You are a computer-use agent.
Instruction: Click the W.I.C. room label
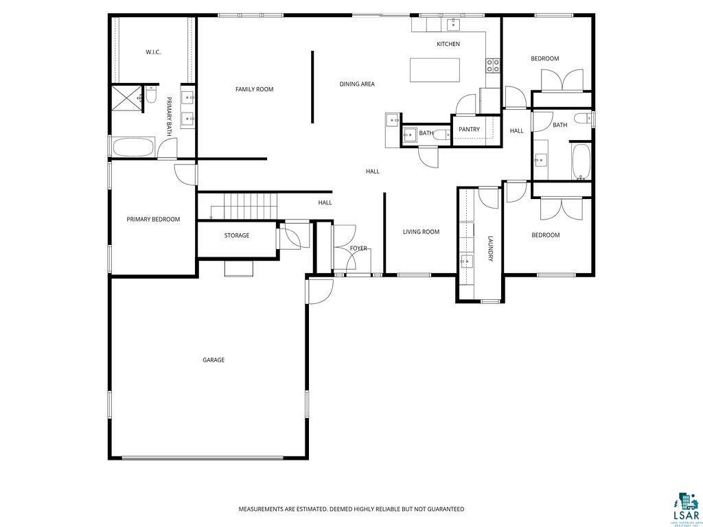[152, 52]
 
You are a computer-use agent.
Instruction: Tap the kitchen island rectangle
[435, 70]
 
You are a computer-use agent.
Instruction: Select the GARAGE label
[214, 360]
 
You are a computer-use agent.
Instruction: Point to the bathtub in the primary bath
[134, 148]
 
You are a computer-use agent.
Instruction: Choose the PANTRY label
[469, 130]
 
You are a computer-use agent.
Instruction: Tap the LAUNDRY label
[491, 249]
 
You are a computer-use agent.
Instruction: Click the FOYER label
[358, 248]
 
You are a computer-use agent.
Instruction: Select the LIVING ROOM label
[421, 232]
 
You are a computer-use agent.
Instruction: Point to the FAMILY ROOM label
[254, 89]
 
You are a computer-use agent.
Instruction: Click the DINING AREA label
[357, 84]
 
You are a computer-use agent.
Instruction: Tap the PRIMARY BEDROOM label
[153, 220]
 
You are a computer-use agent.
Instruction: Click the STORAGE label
[236, 235]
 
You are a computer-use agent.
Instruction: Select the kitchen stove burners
[493, 65]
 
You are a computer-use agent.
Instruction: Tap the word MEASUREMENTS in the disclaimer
[262, 509]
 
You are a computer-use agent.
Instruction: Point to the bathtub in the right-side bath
[581, 161]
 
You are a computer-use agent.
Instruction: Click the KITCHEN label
[448, 44]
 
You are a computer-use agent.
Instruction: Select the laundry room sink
[467, 261]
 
